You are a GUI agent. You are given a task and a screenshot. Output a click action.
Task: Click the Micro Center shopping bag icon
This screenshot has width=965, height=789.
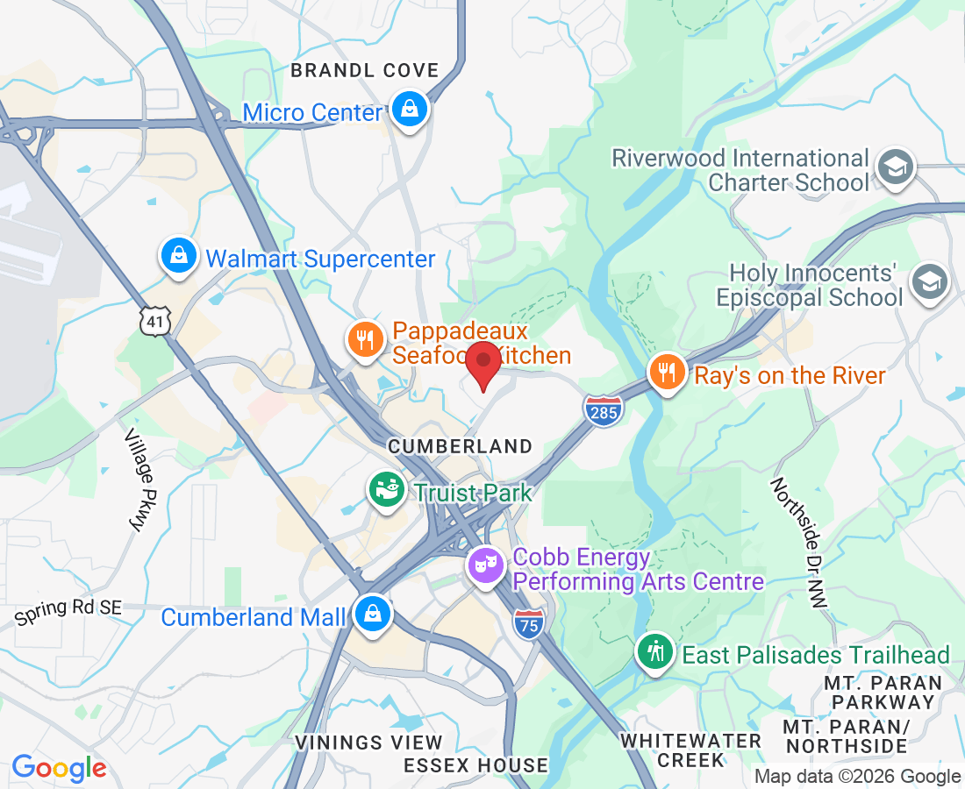(409, 110)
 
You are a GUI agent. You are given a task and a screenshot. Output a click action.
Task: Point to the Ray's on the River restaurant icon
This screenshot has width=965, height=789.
(668, 373)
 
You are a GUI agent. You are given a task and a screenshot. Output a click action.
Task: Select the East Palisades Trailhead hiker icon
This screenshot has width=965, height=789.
(655, 651)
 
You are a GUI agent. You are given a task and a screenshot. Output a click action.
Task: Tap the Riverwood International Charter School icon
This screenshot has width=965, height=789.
(897, 167)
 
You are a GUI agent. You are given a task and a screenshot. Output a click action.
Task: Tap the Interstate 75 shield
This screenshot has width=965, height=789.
(529, 622)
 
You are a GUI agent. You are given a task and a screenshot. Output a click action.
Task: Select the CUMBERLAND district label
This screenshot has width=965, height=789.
(460, 446)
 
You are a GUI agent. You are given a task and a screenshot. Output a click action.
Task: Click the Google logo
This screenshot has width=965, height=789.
(59, 769)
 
